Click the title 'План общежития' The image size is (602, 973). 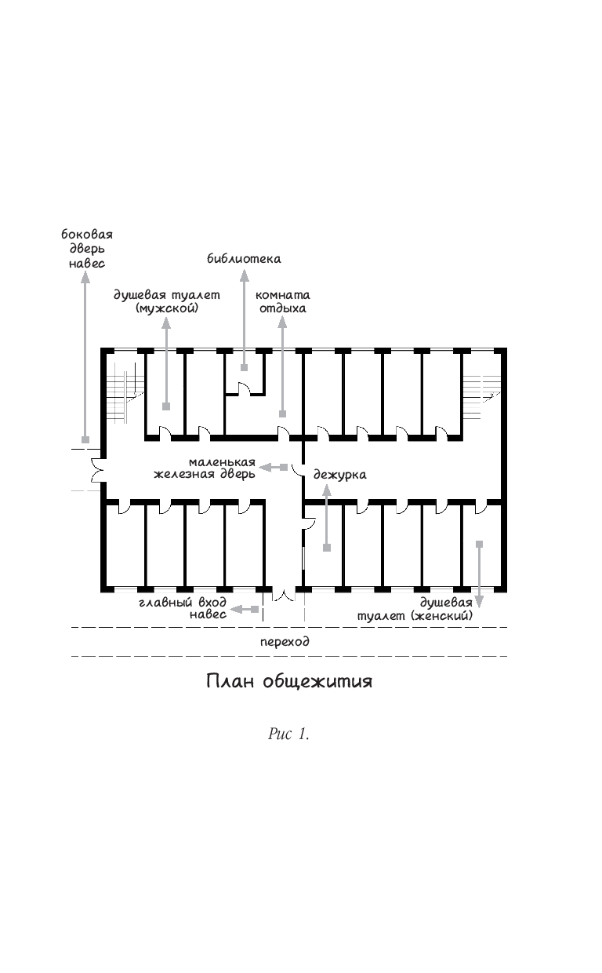(x=289, y=681)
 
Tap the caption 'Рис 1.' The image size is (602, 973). (x=288, y=734)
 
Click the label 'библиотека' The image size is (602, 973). (x=244, y=258)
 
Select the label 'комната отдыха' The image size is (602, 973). (x=282, y=302)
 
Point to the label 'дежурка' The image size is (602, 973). (x=339, y=475)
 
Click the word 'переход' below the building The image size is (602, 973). (x=285, y=641)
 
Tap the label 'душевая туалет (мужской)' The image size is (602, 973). (x=166, y=302)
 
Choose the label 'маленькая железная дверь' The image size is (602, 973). (x=205, y=468)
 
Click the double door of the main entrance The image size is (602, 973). (x=283, y=595)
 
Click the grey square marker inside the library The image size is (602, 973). (x=245, y=367)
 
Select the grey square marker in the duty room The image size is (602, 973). (x=326, y=547)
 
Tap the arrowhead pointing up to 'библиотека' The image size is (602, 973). (x=245, y=274)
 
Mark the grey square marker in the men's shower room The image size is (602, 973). (x=166, y=406)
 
